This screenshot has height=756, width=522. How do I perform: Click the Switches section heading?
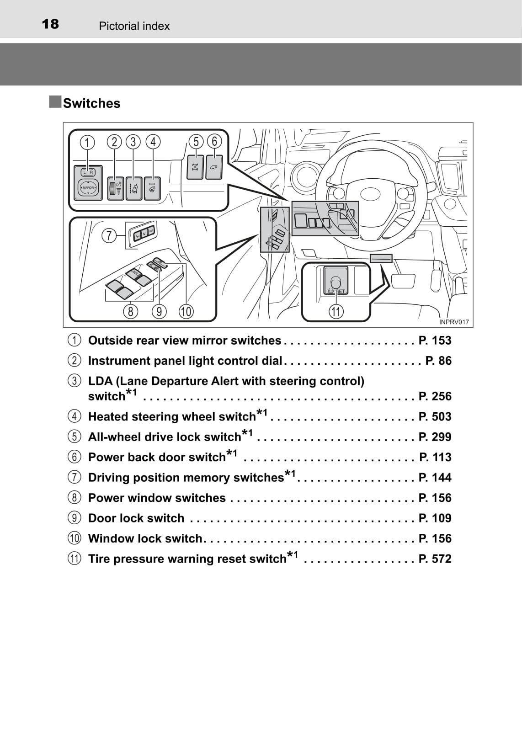[x=91, y=103]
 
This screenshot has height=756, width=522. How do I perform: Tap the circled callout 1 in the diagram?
[x=87, y=142]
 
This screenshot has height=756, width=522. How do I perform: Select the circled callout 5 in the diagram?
[x=196, y=142]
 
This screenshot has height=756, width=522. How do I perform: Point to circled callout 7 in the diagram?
[x=109, y=236]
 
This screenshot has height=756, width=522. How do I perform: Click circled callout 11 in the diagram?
[x=336, y=312]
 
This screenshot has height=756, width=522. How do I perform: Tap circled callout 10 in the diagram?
[x=186, y=312]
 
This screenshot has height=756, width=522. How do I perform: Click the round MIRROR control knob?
[x=88, y=188]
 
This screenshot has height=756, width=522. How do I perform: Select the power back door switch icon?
[x=214, y=167]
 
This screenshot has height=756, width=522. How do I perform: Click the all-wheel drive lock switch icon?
[x=196, y=167]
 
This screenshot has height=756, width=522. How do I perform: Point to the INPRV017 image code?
[x=454, y=322]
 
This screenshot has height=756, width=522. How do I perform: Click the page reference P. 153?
[x=435, y=341]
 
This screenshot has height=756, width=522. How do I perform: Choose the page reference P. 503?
[x=435, y=417]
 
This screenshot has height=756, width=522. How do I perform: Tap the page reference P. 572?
[x=435, y=559]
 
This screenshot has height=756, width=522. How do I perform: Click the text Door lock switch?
[x=136, y=518]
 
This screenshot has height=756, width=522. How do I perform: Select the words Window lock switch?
[x=145, y=538]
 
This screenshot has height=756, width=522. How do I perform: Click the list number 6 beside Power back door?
[x=75, y=457]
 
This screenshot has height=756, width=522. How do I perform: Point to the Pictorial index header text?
[x=134, y=26]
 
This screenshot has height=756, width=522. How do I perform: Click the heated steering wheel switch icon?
[x=152, y=188]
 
